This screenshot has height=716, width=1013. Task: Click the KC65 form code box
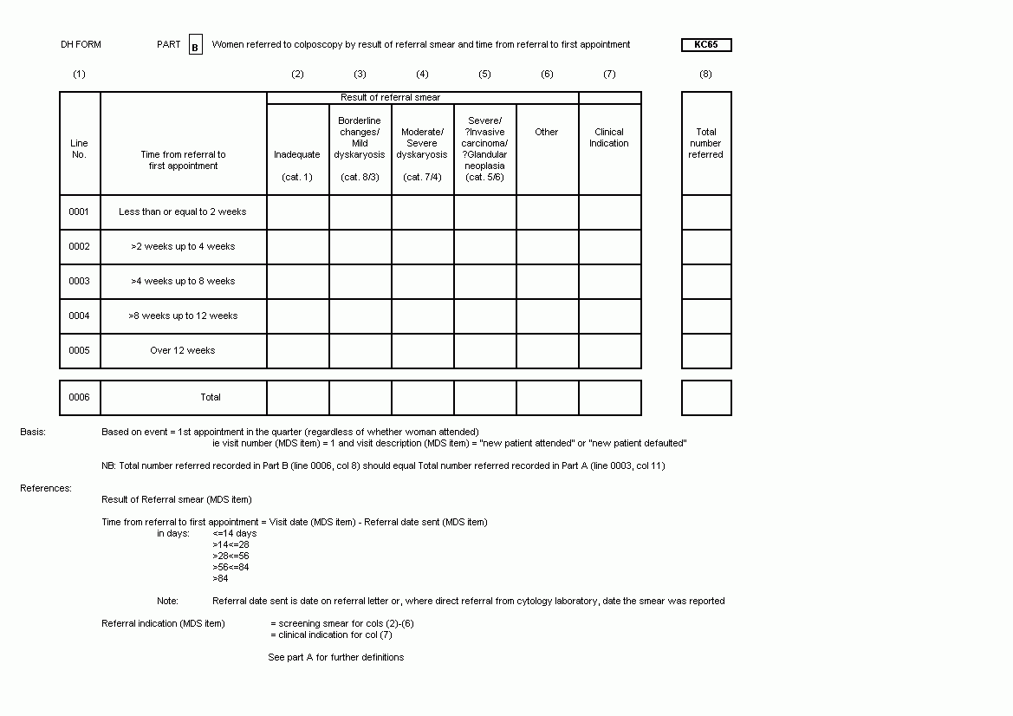(706, 45)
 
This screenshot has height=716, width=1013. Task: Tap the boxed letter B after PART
(195, 46)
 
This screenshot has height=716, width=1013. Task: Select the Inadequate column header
(297, 155)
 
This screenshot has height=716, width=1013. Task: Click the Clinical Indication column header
(609, 138)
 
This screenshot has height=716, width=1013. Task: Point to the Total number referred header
(705, 144)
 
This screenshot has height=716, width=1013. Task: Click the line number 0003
(80, 282)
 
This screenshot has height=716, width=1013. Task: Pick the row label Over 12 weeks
(182, 351)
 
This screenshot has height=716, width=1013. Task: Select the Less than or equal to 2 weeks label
(182, 212)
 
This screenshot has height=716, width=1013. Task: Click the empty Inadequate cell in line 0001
(297, 212)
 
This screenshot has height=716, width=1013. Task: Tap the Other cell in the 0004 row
(547, 316)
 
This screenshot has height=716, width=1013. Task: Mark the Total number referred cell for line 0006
(705, 398)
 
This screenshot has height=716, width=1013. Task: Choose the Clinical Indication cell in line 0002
(609, 247)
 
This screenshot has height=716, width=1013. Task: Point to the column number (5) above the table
(484, 75)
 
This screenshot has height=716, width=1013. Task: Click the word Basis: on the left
(33, 432)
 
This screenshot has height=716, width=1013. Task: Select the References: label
(46, 489)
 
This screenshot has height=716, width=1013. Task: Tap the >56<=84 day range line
(231, 568)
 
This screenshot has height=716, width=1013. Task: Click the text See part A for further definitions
(335, 658)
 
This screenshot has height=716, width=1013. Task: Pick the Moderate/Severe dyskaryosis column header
(422, 144)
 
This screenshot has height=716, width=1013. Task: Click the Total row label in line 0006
(211, 398)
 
